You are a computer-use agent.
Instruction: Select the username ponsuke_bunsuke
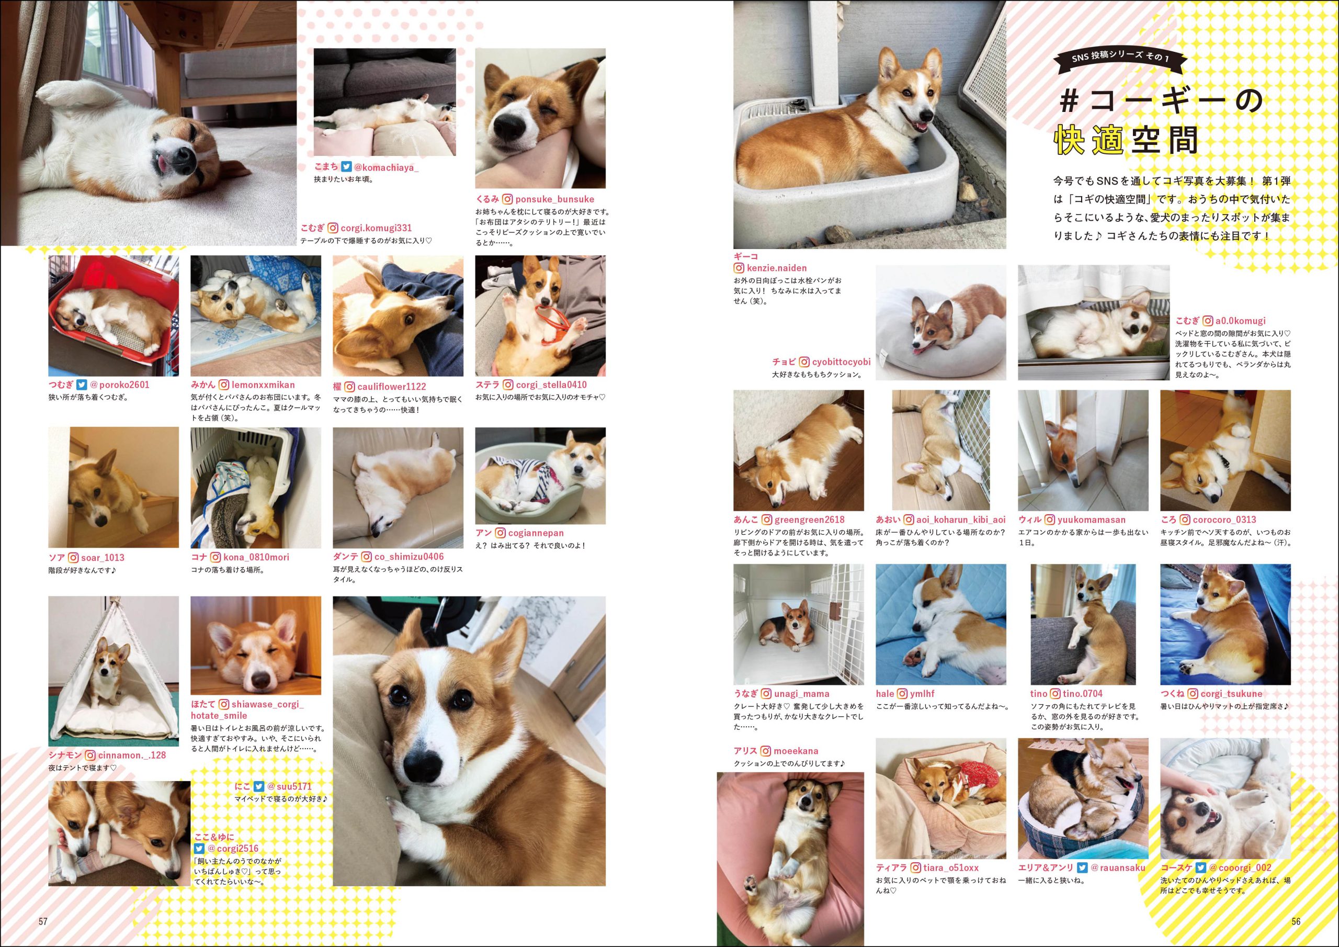[x=554, y=199]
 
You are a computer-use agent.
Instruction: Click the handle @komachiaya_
[x=387, y=167]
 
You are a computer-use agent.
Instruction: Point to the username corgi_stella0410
[x=552, y=385]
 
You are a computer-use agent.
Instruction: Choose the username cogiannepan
[x=536, y=533]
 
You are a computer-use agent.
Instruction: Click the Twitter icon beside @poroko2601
[x=82, y=385]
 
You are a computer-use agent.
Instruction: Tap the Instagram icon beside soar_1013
[x=73, y=557]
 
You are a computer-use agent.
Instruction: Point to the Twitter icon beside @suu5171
[x=258, y=786]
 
